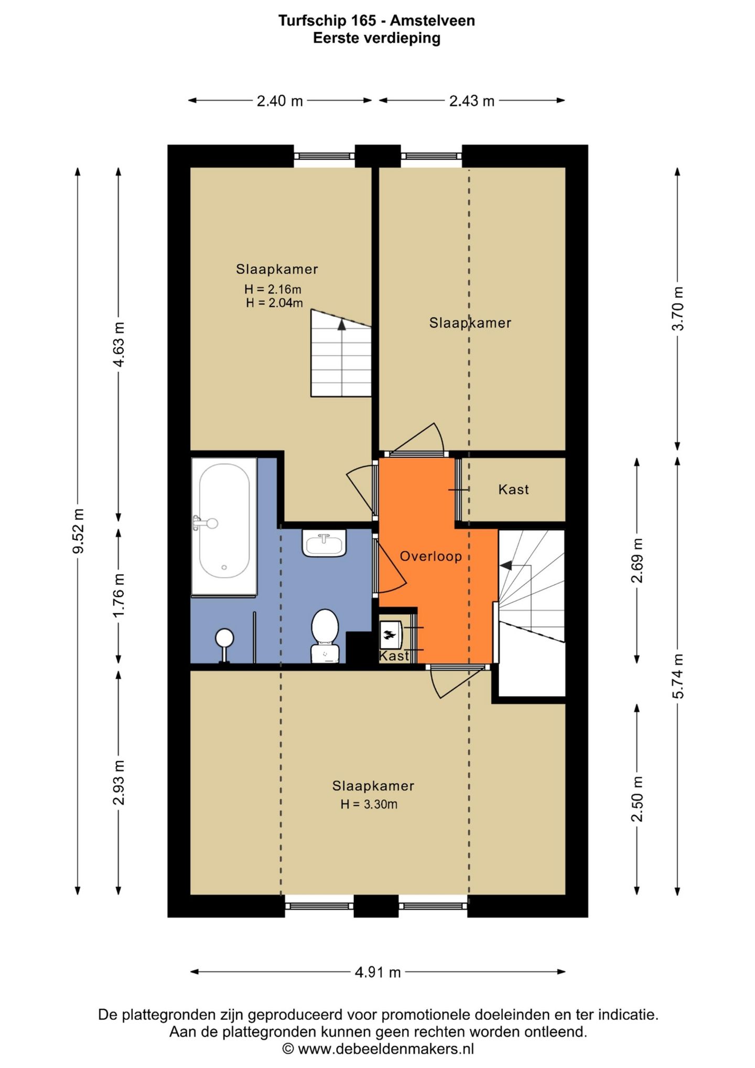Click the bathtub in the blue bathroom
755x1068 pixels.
[224, 527]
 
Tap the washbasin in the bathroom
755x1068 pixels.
[324, 543]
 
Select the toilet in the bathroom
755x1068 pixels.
[325, 636]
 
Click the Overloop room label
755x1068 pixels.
[431, 556]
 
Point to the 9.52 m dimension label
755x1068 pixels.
[78, 530]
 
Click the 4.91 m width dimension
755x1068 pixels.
[377, 972]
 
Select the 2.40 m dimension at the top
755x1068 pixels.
[279, 101]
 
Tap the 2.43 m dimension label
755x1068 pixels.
[472, 101]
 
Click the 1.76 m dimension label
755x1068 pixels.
[119, 595]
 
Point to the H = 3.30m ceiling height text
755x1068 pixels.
[369, 804]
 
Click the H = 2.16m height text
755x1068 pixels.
[273, 289]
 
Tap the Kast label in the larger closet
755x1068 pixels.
[513, 489]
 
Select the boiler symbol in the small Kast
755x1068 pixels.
[390, 635]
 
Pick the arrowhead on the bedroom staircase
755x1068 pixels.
[342, 324]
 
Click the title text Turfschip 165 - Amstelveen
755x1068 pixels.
[376, 20]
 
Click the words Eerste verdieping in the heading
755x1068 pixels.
[376, 38]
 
